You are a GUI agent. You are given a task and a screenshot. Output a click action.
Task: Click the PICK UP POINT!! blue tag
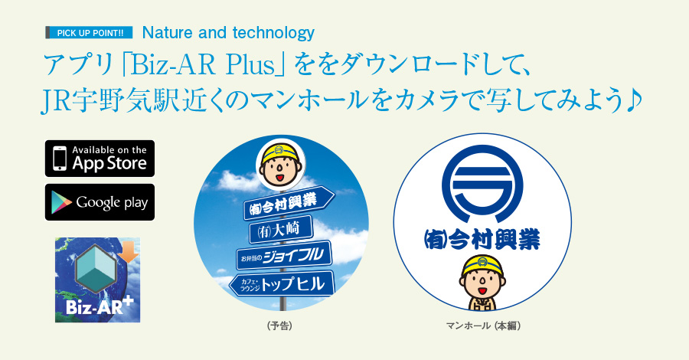tap(90, 33)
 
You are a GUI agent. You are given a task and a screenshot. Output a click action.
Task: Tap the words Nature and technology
tap(228, 33)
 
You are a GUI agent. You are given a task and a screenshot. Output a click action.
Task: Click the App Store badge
tap(100, 159)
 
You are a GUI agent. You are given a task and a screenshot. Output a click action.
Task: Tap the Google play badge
tap(100, 202)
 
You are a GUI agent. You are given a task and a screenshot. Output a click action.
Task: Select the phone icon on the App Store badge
tap(60, 159)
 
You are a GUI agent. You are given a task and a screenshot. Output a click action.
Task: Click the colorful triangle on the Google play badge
tap(61, 202)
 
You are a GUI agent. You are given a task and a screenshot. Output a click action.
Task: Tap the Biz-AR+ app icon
tap(97, 280)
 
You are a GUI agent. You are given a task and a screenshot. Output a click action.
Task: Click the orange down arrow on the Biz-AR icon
tap(129, 252)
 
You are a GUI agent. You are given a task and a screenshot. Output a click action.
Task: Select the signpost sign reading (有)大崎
tap(281, 230)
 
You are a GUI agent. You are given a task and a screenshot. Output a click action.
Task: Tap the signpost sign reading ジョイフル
tap(284, 255)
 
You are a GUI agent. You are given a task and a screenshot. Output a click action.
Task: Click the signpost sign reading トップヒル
tap(282, 283)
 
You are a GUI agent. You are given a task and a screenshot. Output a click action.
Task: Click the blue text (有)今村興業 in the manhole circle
tap(482, 239)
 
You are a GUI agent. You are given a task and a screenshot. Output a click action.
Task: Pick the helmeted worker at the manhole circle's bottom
tap(482, 282)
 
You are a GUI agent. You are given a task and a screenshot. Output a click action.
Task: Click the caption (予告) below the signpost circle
tap(280, 326)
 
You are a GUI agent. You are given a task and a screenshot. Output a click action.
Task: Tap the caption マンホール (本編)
tap(483, 326)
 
